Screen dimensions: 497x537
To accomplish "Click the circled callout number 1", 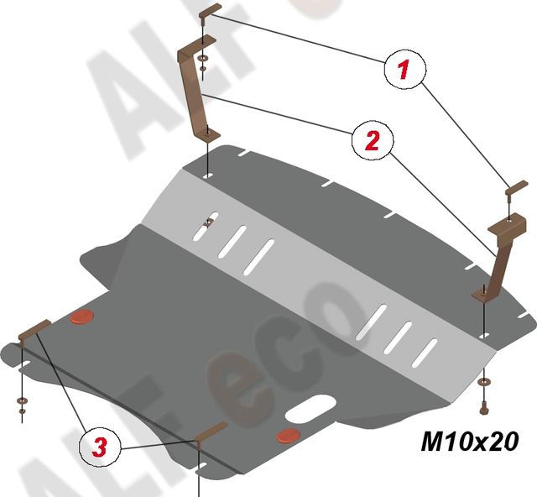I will pyautogui.click(x=403, y=70).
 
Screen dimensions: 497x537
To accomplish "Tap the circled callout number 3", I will pyautogui.click(x=99, y=447).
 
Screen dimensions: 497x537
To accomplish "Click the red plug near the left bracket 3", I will pyautogui.click(x=81, y=317).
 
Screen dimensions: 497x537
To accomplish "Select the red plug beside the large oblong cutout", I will pyautogui.click(x=287, y=436).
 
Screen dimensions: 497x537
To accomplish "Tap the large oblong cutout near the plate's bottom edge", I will pyautogui.click(x=308, y=410).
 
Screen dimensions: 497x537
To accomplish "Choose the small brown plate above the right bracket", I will pyautogui.click(x=514, y=186).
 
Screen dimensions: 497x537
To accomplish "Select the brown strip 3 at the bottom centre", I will pyautogui.click(x=210, y=432).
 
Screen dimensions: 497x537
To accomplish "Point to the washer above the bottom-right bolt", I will pyautogui.click(x=483, y=383).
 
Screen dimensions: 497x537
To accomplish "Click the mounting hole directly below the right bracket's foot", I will pyautogui.click(x=482, y=333).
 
